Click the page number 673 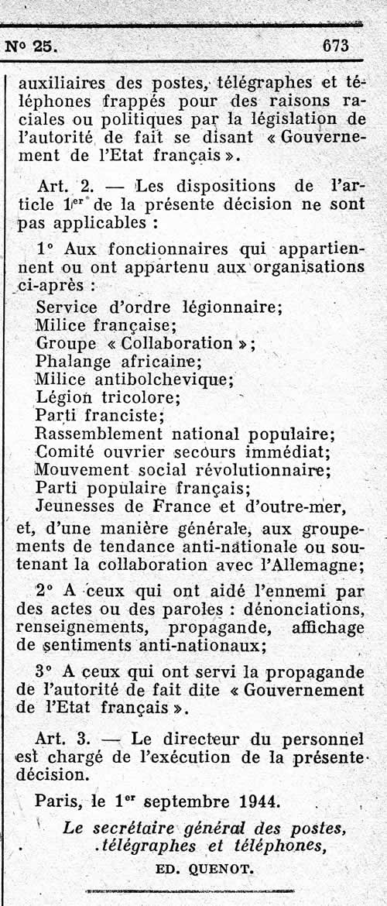[336, 45]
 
